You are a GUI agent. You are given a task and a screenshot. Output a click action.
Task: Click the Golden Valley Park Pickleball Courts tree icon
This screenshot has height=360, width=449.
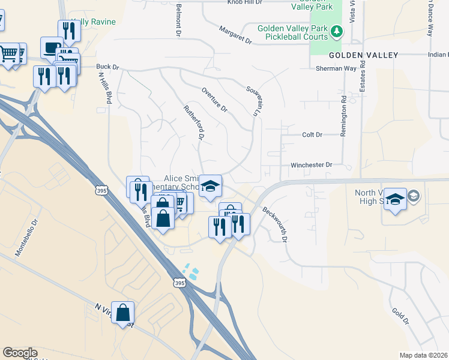coord(337,29)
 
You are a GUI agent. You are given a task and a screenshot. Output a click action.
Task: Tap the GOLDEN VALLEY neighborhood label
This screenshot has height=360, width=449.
coord(363,55)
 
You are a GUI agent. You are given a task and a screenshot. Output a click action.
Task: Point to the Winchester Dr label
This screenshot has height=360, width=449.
coord(312,164)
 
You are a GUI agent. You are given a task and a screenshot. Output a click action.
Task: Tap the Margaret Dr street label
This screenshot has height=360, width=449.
coord(235,35)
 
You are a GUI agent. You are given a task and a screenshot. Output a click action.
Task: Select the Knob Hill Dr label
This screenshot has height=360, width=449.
coord(245,2)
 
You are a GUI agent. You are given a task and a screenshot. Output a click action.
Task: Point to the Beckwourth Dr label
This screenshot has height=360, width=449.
coord(276,224)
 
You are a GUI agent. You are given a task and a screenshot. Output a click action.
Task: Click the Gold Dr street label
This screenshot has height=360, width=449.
coord(401,317)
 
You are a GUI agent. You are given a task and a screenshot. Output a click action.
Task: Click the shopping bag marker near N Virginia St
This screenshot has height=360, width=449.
coord(123,313)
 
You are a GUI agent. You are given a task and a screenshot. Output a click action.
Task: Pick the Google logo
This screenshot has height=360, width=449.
coord(20,353)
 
